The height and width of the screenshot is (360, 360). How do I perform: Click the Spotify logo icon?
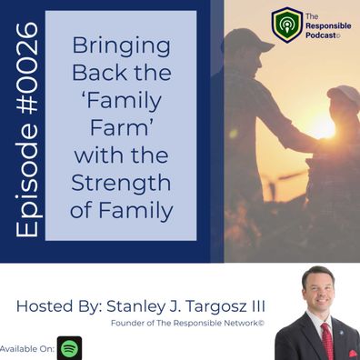click(70, 348)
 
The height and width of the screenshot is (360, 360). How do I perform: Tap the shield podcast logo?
click(286, 25)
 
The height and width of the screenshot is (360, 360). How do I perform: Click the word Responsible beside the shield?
click(328, 25)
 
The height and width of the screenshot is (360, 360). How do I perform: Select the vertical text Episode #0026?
click(27, 129)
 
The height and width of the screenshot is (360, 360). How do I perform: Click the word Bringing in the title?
click(121, 46)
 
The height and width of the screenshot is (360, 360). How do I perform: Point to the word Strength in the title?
click(121, 184)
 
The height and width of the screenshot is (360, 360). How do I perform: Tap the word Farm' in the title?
click(121, 127)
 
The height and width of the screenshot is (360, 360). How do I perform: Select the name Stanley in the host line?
click(135, 306)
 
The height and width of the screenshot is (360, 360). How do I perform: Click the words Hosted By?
click(59, 306)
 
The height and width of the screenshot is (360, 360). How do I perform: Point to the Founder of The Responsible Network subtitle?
click(187, 323)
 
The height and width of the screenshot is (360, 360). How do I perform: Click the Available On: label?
click(27, 349)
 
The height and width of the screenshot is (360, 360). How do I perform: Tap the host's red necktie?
click(327, 341)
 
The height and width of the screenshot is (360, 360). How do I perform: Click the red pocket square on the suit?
click(353, 353)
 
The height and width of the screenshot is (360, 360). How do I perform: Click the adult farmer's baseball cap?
click(247, 40)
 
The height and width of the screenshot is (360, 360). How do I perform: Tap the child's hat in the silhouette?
click(344, 94)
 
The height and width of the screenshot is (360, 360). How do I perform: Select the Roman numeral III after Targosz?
click(257, 306)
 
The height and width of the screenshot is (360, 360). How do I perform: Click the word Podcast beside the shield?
click(321, 35)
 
